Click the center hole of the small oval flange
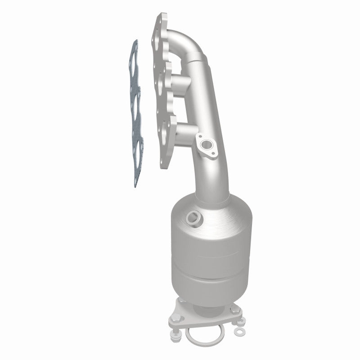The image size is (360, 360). click(x=207, y=145)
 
